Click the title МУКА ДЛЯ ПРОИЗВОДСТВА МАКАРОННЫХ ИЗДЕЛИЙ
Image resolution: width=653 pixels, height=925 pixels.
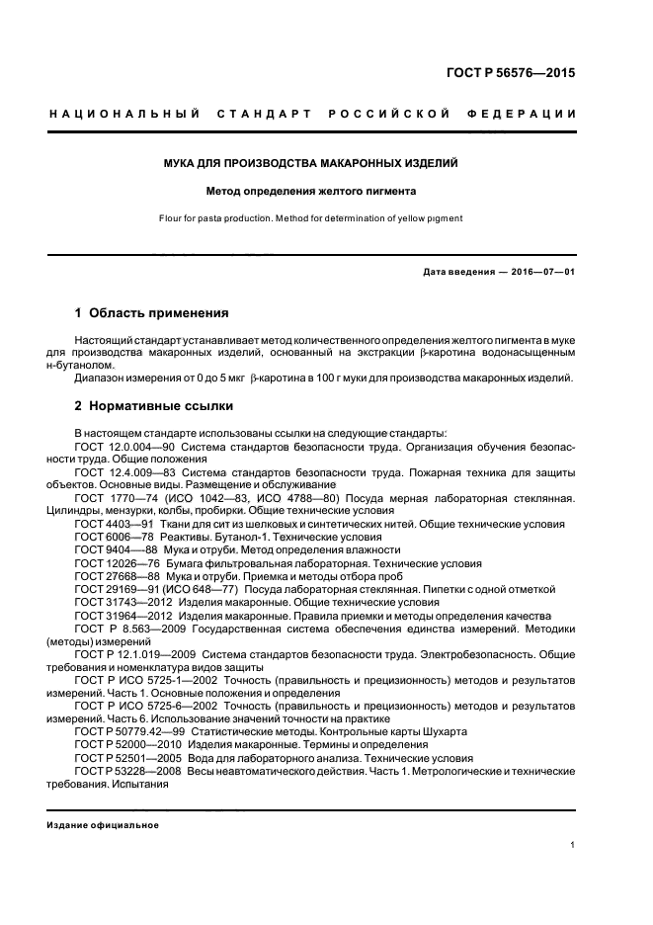coord(326,161)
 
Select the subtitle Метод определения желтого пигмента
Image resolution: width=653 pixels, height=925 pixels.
coord(326,190)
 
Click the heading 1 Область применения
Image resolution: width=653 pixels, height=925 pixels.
coord(151,313)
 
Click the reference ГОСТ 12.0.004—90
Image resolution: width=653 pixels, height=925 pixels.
coord(120,447)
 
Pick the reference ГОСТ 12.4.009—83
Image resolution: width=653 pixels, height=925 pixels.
coord(120,472)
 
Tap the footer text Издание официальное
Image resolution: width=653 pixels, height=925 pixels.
coord(103,825)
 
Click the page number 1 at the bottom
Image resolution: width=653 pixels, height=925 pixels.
coord(573,846)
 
